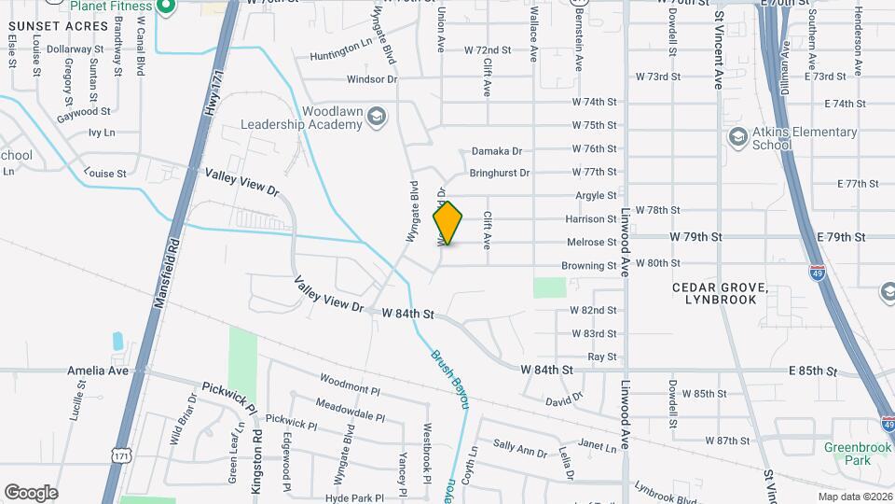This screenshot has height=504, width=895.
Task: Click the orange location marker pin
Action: tap(448, 223)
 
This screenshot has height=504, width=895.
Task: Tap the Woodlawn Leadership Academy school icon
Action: tap(376, 117)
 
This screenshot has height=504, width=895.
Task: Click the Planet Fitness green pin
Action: tap(166, 7)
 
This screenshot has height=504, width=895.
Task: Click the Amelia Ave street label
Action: tap(97, 371)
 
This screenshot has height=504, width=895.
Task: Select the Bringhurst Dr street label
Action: tap(499, 173)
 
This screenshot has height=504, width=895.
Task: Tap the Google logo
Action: tap(31, 493)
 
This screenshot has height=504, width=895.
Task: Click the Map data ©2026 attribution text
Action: tap(855, 497)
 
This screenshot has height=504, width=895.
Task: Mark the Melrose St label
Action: tap(591, 243)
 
